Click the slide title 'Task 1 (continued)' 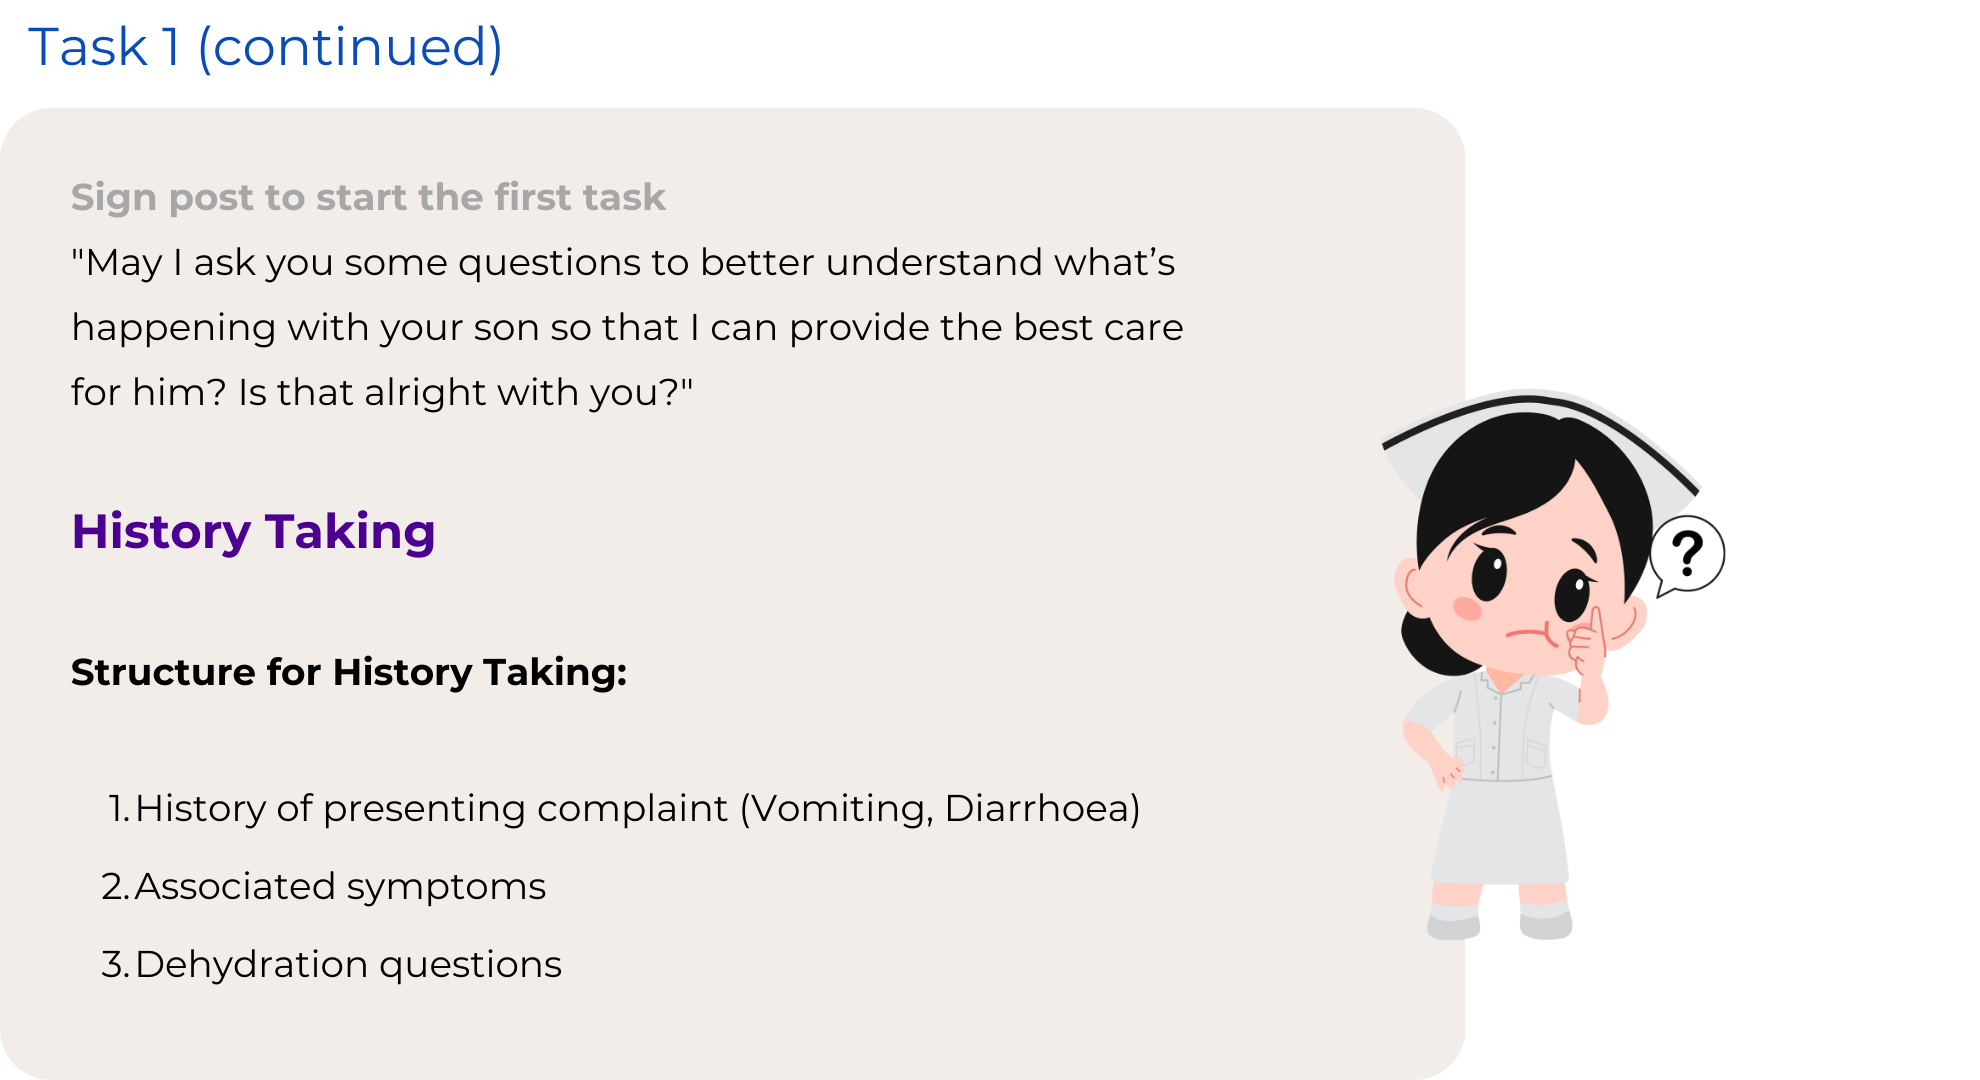tap(265, 48)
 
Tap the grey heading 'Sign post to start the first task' tap(368, 198)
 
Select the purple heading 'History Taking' tap(253, 532)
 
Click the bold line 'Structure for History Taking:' tap(349, 672)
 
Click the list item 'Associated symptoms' tap(340, 887)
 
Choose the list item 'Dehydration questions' tap(348, 965)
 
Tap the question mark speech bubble tap(1687, 555)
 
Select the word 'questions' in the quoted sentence tap(548, 264)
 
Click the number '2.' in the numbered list tap(116, 887)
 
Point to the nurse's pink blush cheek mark tap(1467, 608)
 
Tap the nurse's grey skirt tap(1500, 830)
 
